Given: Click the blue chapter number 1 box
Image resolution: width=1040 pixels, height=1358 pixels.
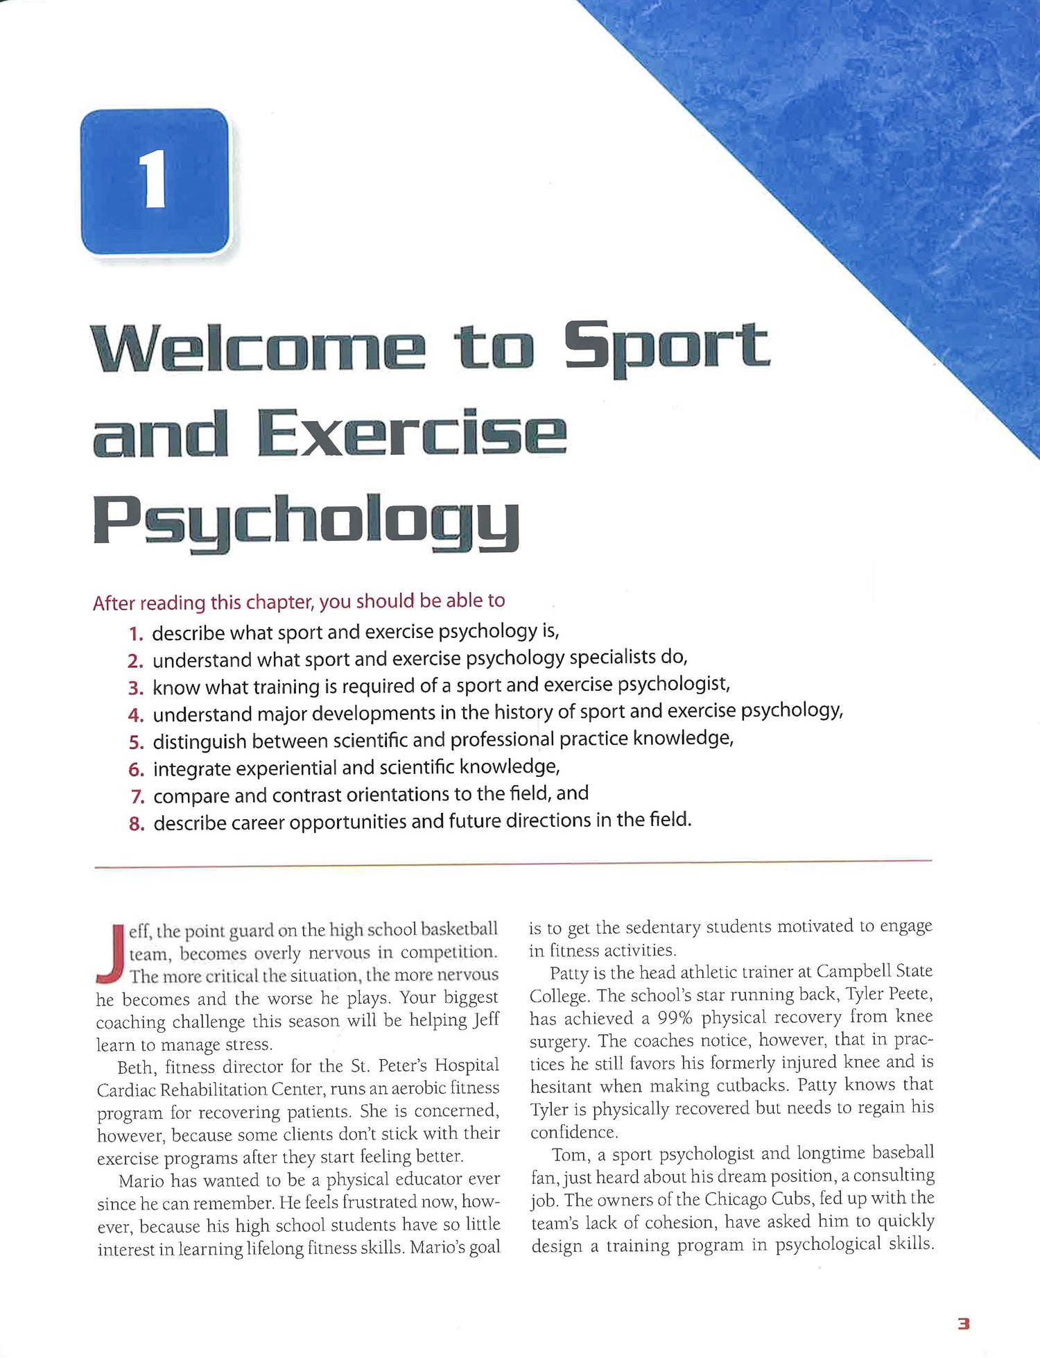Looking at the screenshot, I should click(x=155, y=182).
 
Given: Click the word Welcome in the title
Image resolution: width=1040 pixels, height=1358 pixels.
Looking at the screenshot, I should click(x=257, y=347).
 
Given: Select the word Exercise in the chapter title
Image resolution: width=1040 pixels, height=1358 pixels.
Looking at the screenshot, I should click(x=412, y=433).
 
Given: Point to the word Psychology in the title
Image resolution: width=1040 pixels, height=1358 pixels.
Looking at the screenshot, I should click(x=306, y=522).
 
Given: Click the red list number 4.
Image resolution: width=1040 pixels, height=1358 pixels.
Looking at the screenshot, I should click(x=135, y=715).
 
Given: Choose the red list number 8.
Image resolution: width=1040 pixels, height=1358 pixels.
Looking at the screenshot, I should click(x=136, y=824).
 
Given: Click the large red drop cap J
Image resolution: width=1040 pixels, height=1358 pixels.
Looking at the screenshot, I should click(x=111, y=954).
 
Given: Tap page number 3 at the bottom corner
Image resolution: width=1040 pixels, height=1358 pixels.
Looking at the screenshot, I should click(x=963, y=1324).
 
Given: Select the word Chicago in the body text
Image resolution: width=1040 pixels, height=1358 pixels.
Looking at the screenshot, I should click(x=736, y=1199).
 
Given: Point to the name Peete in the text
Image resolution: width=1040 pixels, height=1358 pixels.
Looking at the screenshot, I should click(x=909, y=994).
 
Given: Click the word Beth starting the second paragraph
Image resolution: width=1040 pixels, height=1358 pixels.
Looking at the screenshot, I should click(x=135, y=1067).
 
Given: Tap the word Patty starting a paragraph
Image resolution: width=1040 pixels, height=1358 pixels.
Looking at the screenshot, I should click(x=570, y=973).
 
